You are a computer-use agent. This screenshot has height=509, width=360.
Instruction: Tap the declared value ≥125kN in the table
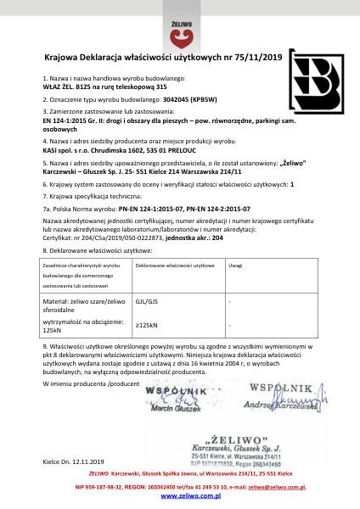[146, 325]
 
